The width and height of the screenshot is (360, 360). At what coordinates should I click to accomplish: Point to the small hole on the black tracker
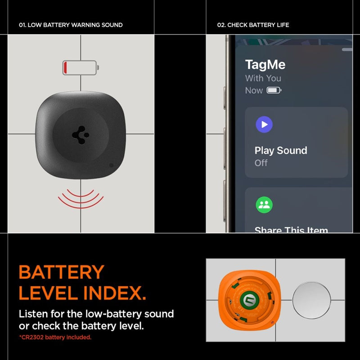point(112,165)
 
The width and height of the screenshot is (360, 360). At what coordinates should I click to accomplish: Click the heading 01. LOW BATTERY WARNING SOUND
point(71,25)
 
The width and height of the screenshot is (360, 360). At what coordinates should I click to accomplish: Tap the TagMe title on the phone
point(265,64)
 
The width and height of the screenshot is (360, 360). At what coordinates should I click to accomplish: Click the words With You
point(263,78)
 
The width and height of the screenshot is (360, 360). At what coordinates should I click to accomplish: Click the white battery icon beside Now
point(274,90)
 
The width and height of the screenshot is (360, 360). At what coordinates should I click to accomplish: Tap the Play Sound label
point(281,150)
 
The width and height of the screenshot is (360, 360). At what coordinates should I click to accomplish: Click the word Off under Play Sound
point(261,163)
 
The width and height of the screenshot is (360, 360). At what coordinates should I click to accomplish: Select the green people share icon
point(264,205)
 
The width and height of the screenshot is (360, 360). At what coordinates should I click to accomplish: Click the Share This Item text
point(291,230)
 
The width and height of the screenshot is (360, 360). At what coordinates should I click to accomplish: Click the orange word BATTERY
point(62,273)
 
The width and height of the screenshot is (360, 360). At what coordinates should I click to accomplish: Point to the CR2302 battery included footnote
point(55,337)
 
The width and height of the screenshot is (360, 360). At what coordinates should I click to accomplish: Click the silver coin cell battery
point(311,300)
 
